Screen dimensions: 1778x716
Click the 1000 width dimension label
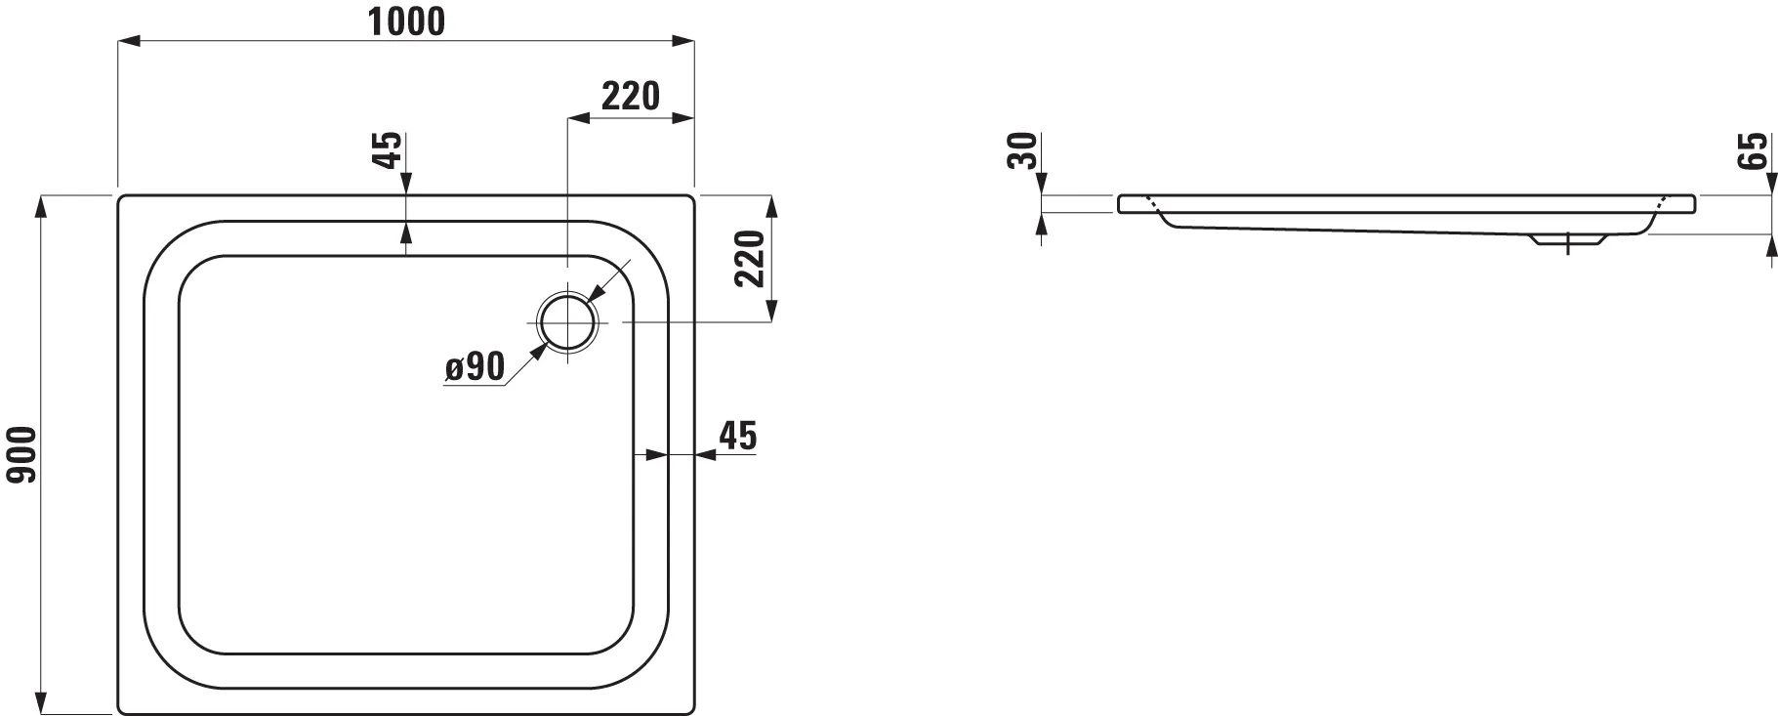[405, 21]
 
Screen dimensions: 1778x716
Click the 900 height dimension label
[21, 455]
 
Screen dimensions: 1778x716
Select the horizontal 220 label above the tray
[630, 96]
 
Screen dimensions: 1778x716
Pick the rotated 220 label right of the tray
[749, 259]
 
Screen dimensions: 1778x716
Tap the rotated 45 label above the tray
[388, 149]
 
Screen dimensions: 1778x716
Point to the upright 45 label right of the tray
[737, 436]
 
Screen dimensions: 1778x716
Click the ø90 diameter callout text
[475, 367]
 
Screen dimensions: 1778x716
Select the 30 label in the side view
[1021, 150]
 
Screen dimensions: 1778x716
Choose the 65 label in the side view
[1754, 150]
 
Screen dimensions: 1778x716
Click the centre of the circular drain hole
[566, 321]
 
